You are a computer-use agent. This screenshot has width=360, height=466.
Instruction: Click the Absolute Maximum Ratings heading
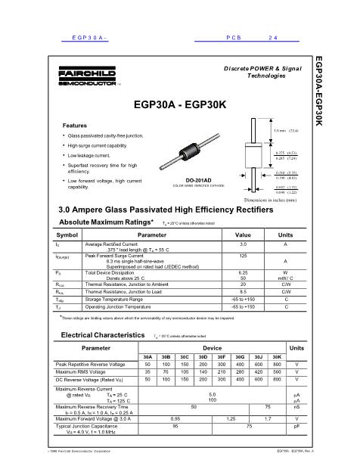pos(107,222)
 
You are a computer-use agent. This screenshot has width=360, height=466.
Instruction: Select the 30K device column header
pos(276,356)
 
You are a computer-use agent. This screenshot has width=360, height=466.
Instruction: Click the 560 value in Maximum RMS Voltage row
pos(276,372)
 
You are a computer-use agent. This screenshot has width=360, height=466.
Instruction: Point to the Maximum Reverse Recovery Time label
pos(102,406)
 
